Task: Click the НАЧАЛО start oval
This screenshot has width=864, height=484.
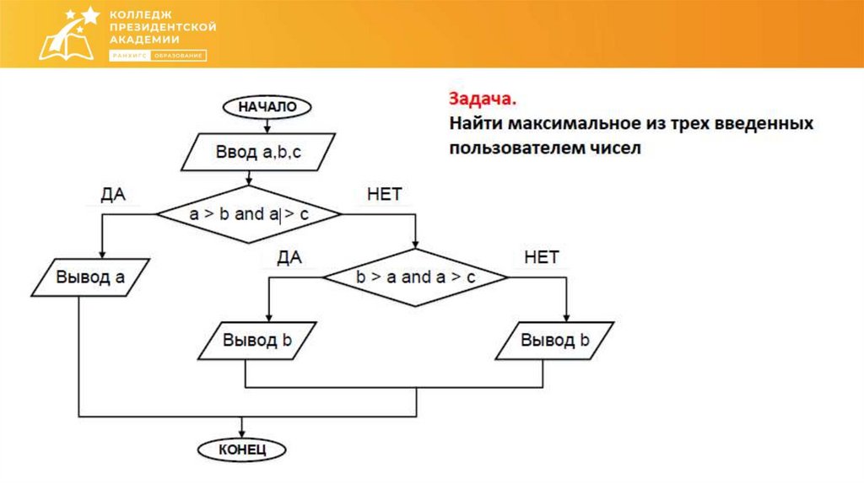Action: pyautogui.click(x=267, y=107)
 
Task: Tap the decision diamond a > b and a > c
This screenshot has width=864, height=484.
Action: pyautogui.click(x=249, y=214)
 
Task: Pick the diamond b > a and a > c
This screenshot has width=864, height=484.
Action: pyautogui.click(x=416, y=277)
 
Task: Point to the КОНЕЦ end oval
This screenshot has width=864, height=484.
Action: pyautogui.click(x=242, y=449)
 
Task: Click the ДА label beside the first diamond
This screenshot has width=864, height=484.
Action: pyautogui.click(x=113, y=195)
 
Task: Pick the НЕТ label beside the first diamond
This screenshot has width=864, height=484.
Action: pyautogui.click(x=385, y=195)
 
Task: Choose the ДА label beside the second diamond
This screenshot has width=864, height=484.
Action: pyautogui.click(x=289, y=258)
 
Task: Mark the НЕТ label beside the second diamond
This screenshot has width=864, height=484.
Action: pyautogui.click(x=542, y=258)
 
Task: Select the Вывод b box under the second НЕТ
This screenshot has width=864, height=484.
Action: pyautogui.click(x=554, y=341)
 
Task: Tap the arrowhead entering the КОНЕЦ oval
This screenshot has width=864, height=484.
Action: pyautogui.click(x=242, y=431)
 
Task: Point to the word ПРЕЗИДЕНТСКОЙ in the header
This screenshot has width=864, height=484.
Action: pyautogui.click(x=163, y=27)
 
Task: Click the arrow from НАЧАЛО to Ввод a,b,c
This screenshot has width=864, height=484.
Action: pyautogui.click(x=267, y=126)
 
